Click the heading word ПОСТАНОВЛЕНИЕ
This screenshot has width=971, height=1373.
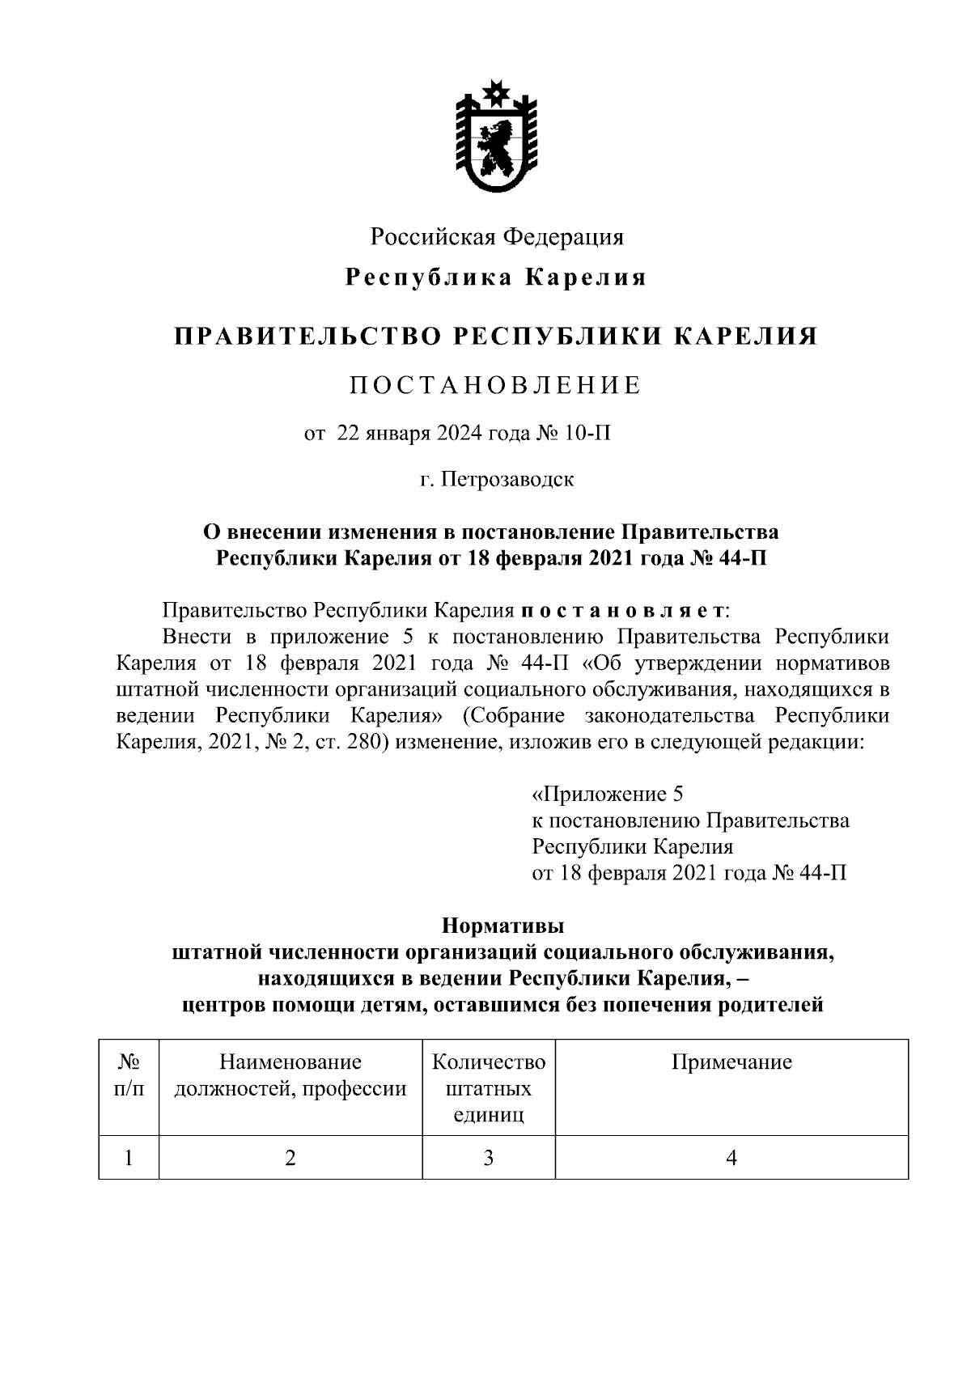tap(495, 385)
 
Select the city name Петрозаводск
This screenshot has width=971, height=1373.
tap(508, 479)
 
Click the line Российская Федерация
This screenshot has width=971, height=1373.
tap(497, 237)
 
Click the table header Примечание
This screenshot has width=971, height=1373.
tap(731, 1062)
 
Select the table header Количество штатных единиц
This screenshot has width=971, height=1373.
tap(489, 1088)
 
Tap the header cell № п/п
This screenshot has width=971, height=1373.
tap(129, 1075)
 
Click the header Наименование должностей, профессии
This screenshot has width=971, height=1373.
tap(290, 1075)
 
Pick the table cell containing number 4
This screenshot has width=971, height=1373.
tap(731, 1158)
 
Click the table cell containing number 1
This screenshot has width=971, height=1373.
tap(129, 1158)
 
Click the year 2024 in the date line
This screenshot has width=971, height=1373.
tap(459, 434)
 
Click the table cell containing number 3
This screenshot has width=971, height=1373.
tap(489, 1158)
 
